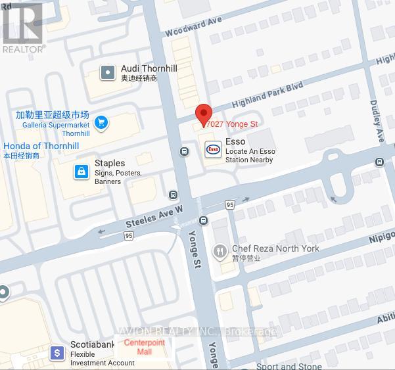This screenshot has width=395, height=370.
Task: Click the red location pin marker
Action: [204, 114]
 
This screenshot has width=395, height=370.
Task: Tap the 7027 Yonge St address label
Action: [229, 124]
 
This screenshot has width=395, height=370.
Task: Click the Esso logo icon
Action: [213, 150]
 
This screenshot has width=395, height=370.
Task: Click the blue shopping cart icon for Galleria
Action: [101, 122]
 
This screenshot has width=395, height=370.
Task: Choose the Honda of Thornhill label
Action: [41, 146]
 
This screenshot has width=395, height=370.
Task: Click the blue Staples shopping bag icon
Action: [81, 172]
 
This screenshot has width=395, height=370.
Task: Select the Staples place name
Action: [110, 163]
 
